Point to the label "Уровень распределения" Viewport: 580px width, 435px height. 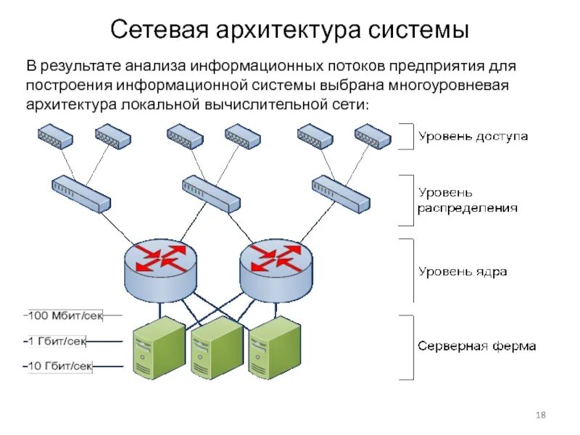(x=467, y=200)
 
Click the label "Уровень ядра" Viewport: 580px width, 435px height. (x=462, y=272)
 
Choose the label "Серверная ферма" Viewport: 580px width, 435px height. (x=476, y=346)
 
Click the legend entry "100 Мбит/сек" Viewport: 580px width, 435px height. (x=64, y=315)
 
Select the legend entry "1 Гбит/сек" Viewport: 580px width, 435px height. (x=58, y=340)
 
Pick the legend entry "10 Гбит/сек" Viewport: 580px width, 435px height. (x=61, y=365)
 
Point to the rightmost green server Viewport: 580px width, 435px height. (x=274, y=351)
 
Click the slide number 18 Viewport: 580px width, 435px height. (x=540, y=415)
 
